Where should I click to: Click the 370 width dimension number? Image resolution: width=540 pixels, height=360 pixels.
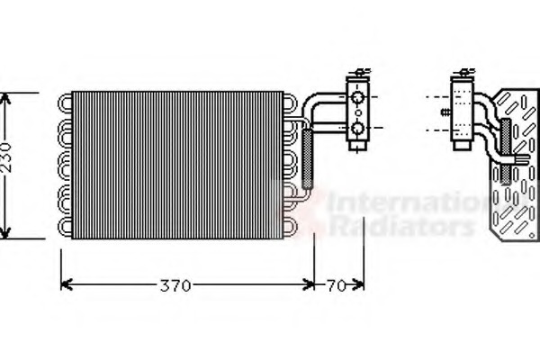pyautogui.click(x=175, y=287)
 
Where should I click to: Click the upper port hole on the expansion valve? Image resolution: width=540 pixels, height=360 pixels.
pyautogui.click(x=357, y=96)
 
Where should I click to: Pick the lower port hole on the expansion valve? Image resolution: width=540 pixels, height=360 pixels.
pyautogui.click(x=357, y=130)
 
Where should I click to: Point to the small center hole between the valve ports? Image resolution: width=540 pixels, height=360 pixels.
pyautogui.click(x=357, y=113)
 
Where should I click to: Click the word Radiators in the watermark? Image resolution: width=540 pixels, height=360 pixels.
pyautogui.click(x=396, y=225)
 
